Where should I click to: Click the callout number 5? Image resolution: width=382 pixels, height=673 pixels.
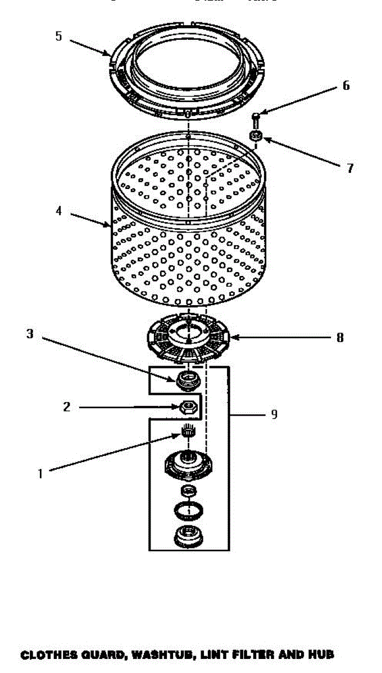point(58,36)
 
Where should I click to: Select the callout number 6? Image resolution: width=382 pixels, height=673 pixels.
point(346,85)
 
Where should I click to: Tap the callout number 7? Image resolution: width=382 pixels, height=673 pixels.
point(350,168)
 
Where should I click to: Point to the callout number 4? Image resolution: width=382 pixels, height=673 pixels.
point(58,212)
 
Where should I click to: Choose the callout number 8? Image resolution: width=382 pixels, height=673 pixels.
point(340,338)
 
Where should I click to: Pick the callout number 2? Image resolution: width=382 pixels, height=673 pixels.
point(66,407)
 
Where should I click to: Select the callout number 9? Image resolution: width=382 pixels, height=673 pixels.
point(274,415)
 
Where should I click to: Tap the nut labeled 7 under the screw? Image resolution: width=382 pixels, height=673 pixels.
point(256,135)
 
